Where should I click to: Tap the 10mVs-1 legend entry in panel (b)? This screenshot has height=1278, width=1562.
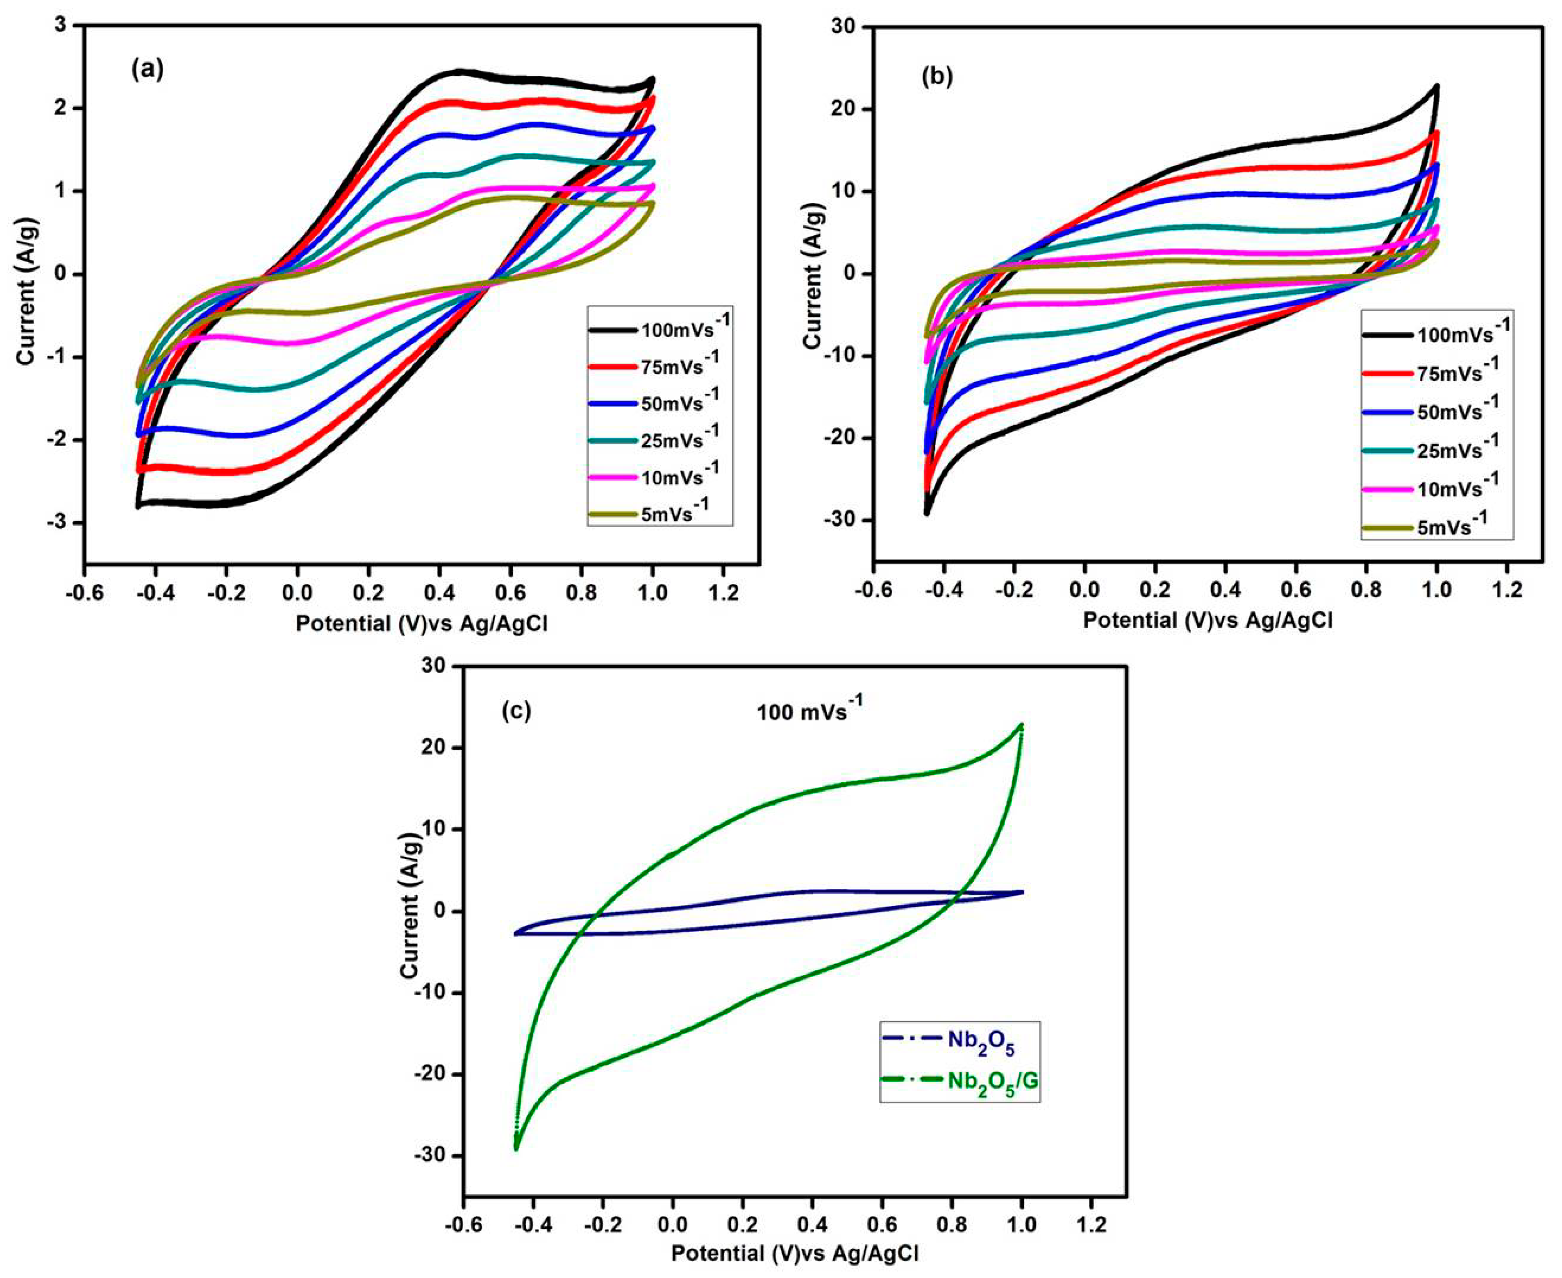click(x=1436, y=487)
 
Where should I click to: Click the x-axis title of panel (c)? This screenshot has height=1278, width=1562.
click(x=794, y=1253)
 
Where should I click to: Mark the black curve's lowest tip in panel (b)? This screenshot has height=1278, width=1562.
click(x=926, y=513)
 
